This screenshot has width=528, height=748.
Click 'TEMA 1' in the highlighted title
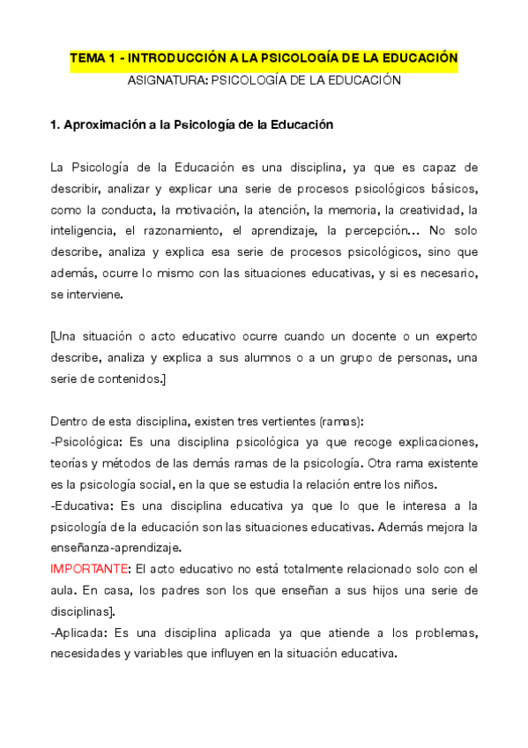94,58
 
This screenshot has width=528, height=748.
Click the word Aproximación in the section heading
103,124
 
